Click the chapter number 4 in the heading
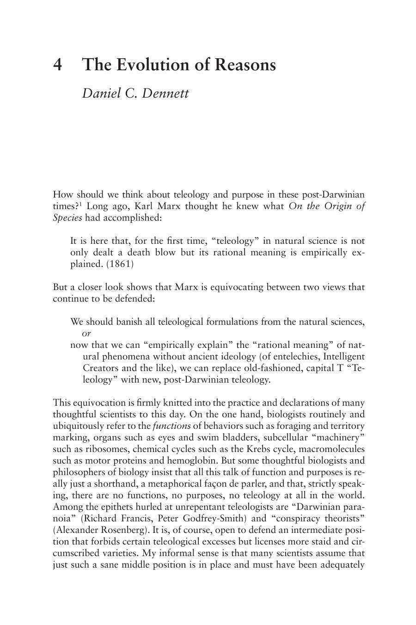coord(57,65)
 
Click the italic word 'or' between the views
coord(86,334)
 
